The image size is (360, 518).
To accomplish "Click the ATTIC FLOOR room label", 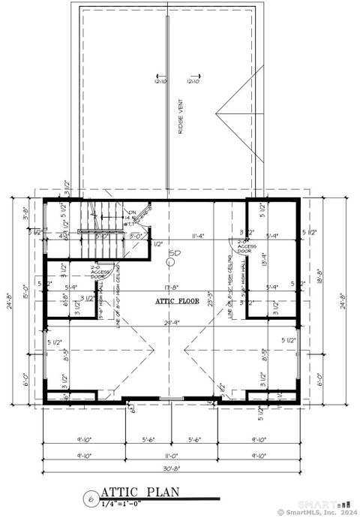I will (177, 300).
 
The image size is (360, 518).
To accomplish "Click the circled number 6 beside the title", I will (90, 498).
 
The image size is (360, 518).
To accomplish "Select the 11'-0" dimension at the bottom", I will (169, 456).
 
